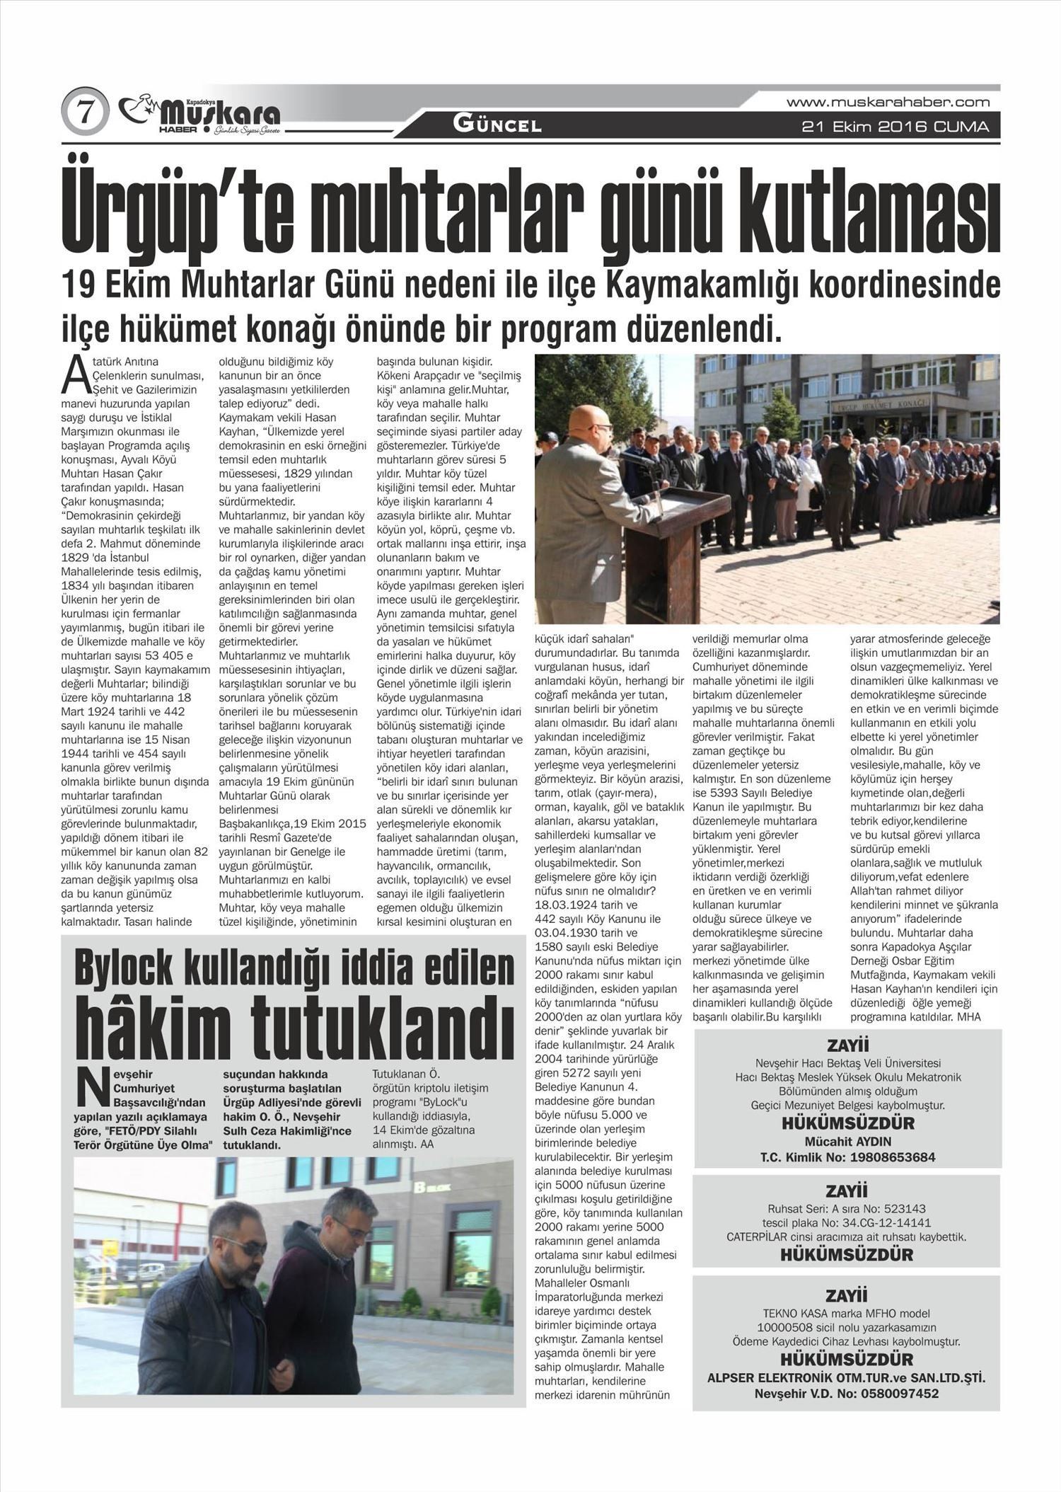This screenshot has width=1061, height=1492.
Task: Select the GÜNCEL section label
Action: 497,126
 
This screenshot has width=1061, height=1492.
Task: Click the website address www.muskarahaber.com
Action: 888,103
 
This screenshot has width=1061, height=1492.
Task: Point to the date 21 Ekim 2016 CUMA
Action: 895,127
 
